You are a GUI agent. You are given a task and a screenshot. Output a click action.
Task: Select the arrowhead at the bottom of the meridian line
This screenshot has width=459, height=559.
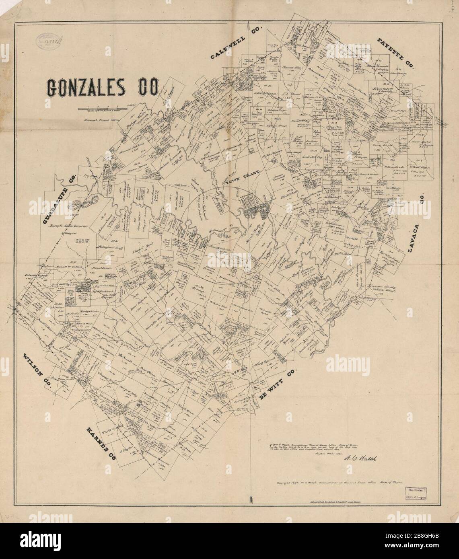[251, 499]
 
